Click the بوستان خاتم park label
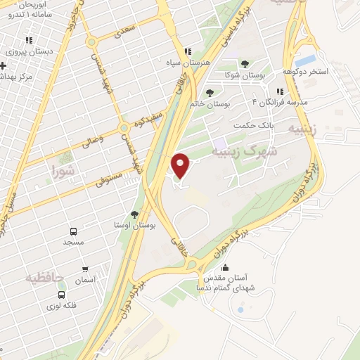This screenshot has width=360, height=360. pos(210,104)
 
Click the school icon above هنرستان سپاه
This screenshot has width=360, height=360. pos(187,51)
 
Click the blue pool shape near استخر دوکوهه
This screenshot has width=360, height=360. pos(307,60)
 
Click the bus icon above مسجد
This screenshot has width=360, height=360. pos(72,231)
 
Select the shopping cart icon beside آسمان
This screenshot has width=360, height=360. pos(86,269)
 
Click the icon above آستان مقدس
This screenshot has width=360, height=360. pos(226,268)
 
